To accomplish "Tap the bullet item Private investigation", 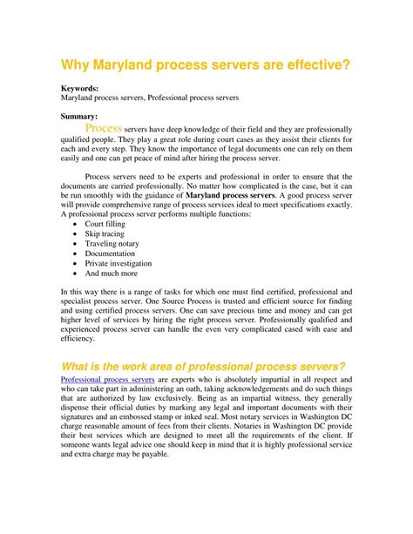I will (118, 263).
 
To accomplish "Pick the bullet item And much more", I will (111, 273).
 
